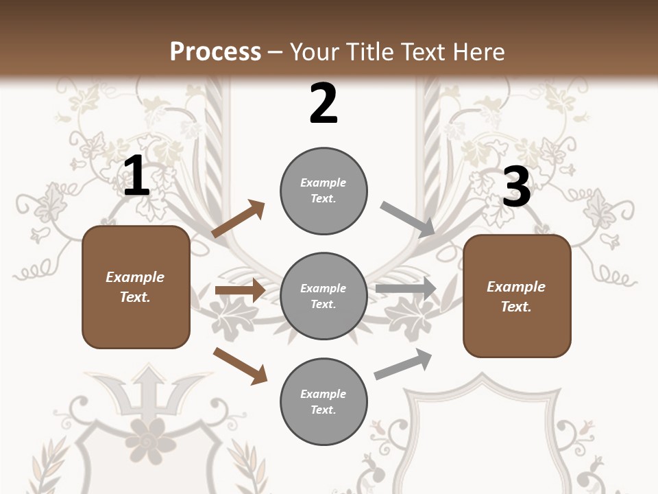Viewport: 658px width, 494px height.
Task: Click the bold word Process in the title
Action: pyautogui.click(x=215, y=51)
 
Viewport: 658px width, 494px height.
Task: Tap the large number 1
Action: pyautogui.click(x=136, y=176)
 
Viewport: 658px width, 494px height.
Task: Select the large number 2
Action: pyautogui.click(x=324, y=104)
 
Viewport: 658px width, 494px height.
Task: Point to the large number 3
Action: pyautogui.click(x=516, y=187)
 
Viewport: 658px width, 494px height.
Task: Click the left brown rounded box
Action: pyautogui.click(x=136, y=287)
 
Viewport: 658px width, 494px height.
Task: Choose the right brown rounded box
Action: pyautogui.click(x=517, y=296)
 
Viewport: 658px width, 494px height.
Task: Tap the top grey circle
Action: pyautogui.click(x=324, y=191)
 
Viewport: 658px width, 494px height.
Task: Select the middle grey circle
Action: pyautogui.click(x=324, y=296)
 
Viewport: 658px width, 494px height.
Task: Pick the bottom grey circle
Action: pyautogui.click(x=324, y=401)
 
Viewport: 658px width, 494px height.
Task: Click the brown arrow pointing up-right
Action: pyautogui.click(x=239, y=219)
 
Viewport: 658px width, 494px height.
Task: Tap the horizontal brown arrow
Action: pyautogui.click(x=240, y=290)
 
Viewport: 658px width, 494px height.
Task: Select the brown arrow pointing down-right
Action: pyautogui.click(x=240, y=366)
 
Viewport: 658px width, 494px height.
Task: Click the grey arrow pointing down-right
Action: pyautogui.click(x=408, y=220)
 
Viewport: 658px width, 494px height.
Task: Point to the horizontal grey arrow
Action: pyautogui.click(x=406, y=289)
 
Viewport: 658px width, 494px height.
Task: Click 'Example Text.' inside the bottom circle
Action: pyautogui.click(x=324, y=401)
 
